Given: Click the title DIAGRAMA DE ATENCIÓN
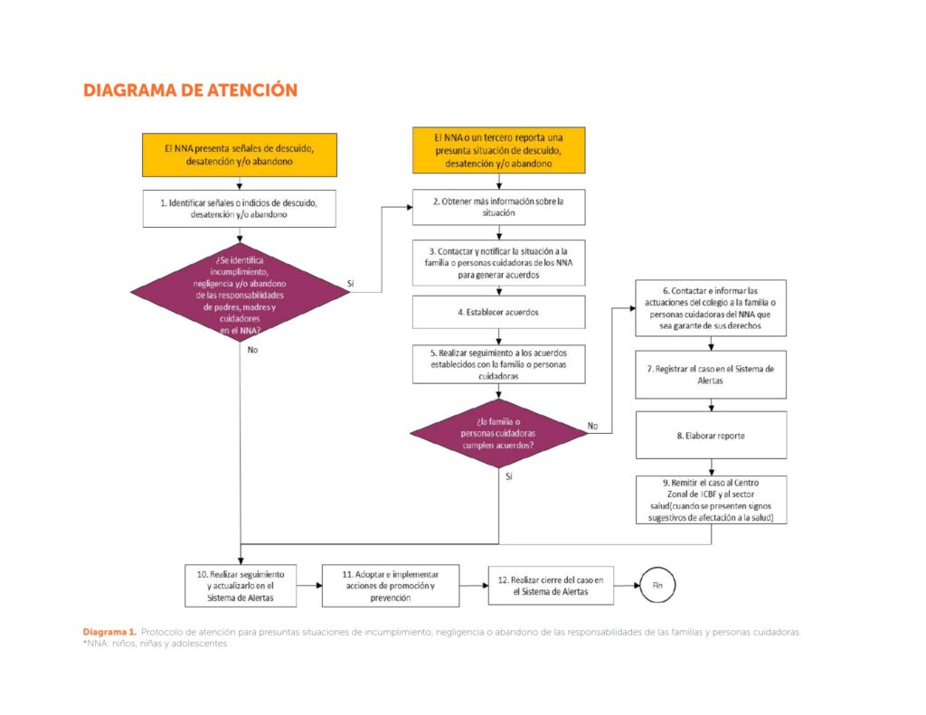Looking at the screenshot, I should pos(190,90).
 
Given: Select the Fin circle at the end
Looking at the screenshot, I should pos(658,585).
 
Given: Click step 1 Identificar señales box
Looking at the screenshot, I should pos(240,209).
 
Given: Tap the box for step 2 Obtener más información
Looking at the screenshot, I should pos(499,207).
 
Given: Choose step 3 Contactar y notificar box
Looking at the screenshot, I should pos(499,262).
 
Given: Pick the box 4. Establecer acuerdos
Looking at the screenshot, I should pos(499,312).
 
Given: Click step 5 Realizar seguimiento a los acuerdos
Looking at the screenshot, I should pos(499,364).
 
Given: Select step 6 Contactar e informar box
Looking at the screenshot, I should pos(711,308).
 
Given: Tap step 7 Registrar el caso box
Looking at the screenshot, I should pos(711,375).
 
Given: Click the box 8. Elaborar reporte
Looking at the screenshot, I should pos(711,435).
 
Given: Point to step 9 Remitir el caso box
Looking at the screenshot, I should pos(711,499).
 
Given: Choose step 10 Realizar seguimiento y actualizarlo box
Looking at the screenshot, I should pos(241,586).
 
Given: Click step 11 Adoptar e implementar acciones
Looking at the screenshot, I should pos(391,586).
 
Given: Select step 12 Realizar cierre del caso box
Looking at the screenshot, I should pos(550,586).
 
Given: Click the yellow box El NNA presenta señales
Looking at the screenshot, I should pos(240,155).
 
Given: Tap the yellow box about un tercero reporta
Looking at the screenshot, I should pos(499,150).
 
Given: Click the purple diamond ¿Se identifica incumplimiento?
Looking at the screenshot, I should pos(240,290).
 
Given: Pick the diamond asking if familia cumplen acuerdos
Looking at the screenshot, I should pos(499,433).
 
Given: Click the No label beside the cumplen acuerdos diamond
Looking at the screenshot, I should pos(592,425).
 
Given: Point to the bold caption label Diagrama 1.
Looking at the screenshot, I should pos(109,631).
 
